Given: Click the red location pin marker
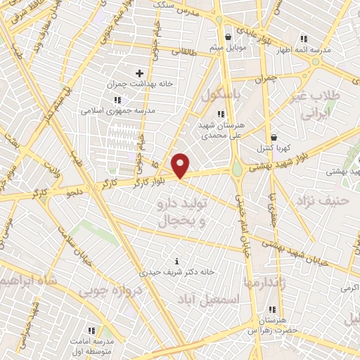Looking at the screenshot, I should coord(181,165).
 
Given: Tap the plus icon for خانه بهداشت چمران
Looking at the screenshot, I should coord(139,72).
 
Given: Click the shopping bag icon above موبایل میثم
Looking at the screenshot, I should coord(228,37).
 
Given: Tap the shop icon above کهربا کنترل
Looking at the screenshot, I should coord(274,137).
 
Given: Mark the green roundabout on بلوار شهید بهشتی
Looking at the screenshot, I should coord(239,169).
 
